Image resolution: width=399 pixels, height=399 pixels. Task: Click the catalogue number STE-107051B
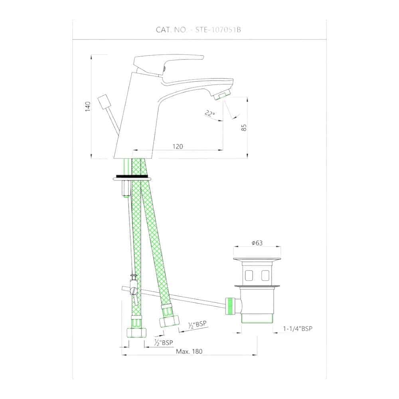[x=218, y=30]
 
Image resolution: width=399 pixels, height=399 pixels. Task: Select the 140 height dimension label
[x=87, y=107]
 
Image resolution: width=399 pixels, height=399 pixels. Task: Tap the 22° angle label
[x=210, y=113]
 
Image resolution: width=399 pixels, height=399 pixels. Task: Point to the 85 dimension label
[x=244, y=128]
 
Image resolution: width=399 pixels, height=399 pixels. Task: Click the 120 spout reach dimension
[x=178, y=146]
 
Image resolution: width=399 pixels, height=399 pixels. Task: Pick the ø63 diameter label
[x=257, y=243]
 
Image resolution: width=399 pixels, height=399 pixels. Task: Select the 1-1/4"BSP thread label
[x=298, y=328]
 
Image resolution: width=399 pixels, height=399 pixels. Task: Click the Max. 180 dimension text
[x=189, y=352]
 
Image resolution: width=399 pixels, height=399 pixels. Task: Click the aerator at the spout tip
[x=222, y=97]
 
